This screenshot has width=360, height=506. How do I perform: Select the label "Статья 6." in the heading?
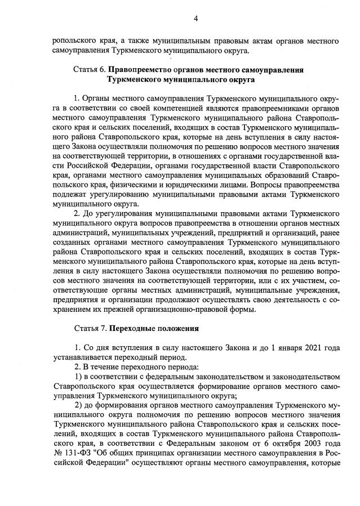click(90, 70)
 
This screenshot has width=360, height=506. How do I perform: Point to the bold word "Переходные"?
click(133, 328)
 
